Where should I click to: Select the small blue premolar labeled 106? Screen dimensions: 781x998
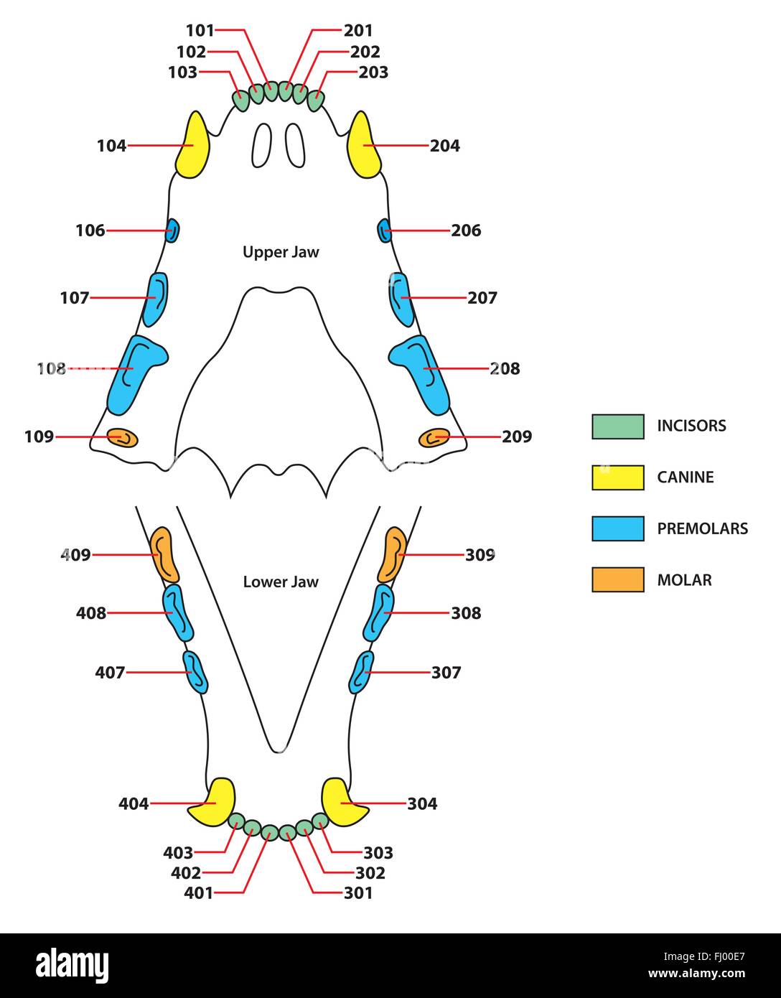click(x=172, y=230)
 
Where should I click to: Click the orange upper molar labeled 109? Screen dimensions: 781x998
click(x=122, y=437)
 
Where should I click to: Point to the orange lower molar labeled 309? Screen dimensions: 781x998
click(x=392, y=555)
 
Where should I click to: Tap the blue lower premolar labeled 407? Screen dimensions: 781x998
click(x=195, y=672)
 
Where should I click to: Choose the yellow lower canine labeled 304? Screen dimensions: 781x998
click(x=343, y=802)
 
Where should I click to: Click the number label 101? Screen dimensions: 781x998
click(x=200, y=31)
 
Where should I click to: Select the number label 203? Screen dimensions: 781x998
click(x=373, y=73)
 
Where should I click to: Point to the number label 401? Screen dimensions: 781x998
click(x=198, y=893)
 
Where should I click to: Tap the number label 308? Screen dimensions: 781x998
click(x=466, y=613)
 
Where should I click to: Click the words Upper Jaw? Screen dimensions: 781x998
click(x=281, y=252)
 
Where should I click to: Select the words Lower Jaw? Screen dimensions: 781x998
click(x=281, y=582)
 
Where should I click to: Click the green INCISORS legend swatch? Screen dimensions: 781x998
click(x=617, y=426)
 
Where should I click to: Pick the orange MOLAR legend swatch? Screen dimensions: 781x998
click(x=617, y=579)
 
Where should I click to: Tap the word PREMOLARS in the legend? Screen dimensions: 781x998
click(x=703, y=528)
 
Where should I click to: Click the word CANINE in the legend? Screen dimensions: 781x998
click(x=686, y=477)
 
